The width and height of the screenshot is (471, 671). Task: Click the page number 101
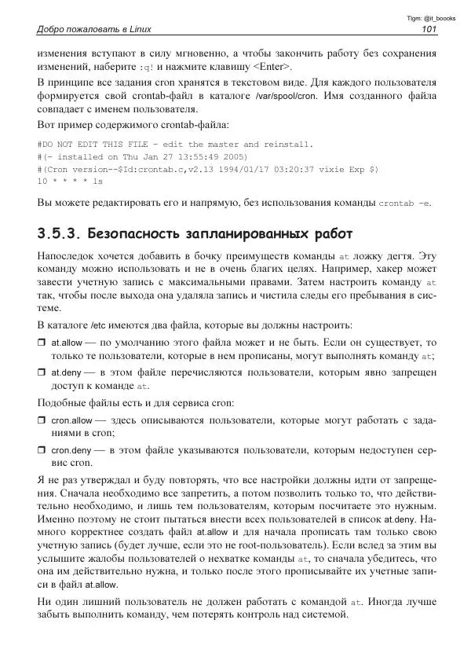point(429,30)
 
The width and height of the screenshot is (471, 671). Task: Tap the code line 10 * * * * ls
point(70,181)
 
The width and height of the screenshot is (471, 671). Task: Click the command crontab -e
point(404,203)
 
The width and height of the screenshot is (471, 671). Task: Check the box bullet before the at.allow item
point(42,343)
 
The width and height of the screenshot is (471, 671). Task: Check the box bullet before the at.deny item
point(42,372)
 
